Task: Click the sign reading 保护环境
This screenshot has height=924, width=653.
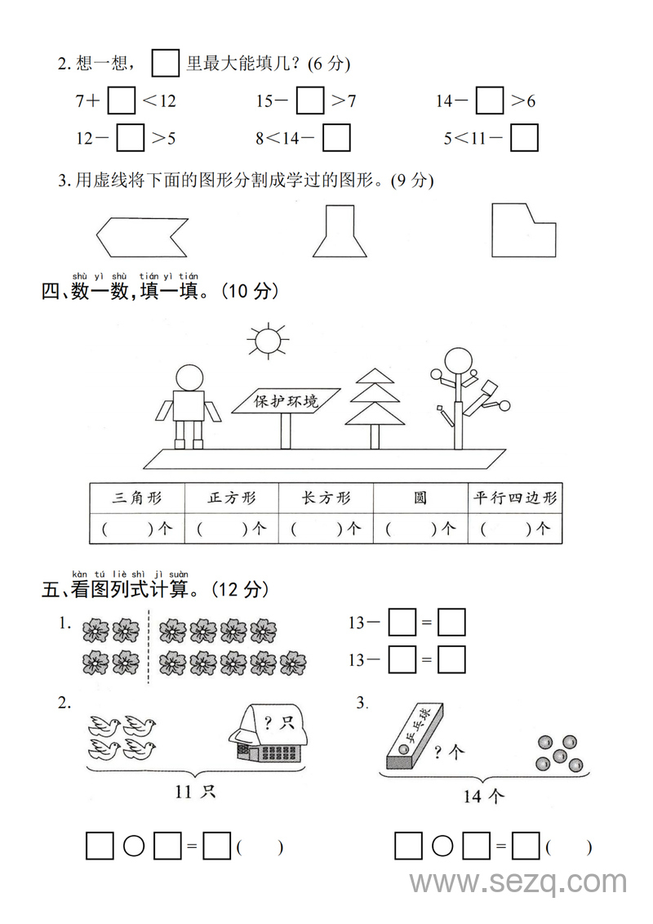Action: click(x=286, y=401)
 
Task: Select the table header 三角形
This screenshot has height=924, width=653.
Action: click(x=137, y=498)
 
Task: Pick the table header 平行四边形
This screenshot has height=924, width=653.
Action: click(x=516, y=498)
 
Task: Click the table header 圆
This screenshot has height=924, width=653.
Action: click(x=420, y=498)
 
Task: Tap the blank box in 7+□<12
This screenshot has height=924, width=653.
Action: click(x=122, y=101)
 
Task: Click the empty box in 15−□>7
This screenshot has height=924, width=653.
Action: click(x=310, y=101)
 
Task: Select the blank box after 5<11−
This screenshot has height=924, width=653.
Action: click(x=524, y=138)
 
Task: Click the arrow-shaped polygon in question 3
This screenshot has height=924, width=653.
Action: click(x=140, y=237)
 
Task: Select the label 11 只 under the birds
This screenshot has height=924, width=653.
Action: click(x=195, y=791)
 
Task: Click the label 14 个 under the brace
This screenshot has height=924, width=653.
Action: click(x=484, y=795)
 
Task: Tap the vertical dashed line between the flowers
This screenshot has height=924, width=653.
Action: click(x=149, y=647)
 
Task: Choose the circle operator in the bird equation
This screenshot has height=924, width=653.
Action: click(x=134, y=846)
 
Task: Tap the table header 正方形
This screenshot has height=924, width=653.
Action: click(x=232, y=498)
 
